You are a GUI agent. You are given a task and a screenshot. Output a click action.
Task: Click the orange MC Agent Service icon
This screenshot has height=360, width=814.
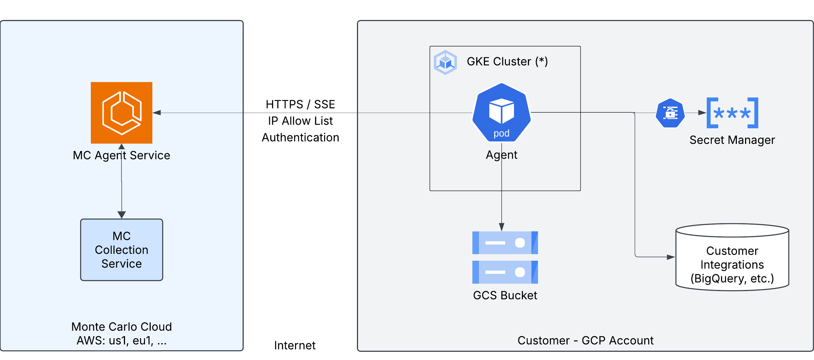click(121, 112)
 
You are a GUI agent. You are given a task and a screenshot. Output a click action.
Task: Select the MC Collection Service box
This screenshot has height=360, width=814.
click(122, 250)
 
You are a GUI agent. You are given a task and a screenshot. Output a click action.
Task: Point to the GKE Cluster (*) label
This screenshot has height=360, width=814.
click(507, 61)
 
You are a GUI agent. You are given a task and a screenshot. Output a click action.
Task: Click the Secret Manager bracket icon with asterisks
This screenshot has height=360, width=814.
click(732, 113)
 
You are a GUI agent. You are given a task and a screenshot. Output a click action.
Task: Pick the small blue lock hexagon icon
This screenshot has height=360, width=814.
click(670, 113)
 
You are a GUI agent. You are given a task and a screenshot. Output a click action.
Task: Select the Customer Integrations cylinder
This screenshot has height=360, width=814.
click(732, 258)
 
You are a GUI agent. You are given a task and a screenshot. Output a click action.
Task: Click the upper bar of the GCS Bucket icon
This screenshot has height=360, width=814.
click(505, 243)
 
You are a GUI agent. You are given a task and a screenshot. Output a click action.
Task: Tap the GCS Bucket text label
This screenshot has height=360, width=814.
click(505, 295)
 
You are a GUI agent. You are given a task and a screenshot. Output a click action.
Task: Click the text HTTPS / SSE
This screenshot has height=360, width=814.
click(300, 104)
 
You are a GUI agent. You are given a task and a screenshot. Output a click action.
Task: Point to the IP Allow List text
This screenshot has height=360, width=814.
click(300, 121)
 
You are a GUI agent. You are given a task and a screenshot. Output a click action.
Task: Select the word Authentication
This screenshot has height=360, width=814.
click(300, 138)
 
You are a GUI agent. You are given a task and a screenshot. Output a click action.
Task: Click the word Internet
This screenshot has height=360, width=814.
click(295, 345)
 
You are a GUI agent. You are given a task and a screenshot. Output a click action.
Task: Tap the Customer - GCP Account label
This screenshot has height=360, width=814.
click(585, 340)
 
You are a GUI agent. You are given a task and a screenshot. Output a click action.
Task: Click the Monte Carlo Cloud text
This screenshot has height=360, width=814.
click(122, 327)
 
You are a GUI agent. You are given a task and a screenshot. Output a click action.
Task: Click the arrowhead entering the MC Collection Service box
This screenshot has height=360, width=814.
click(122, 215)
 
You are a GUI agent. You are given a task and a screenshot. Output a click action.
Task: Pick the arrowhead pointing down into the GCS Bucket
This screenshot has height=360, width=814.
click(501, 227)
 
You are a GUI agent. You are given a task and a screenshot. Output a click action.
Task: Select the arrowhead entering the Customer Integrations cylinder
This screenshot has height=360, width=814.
click(671, 257)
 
